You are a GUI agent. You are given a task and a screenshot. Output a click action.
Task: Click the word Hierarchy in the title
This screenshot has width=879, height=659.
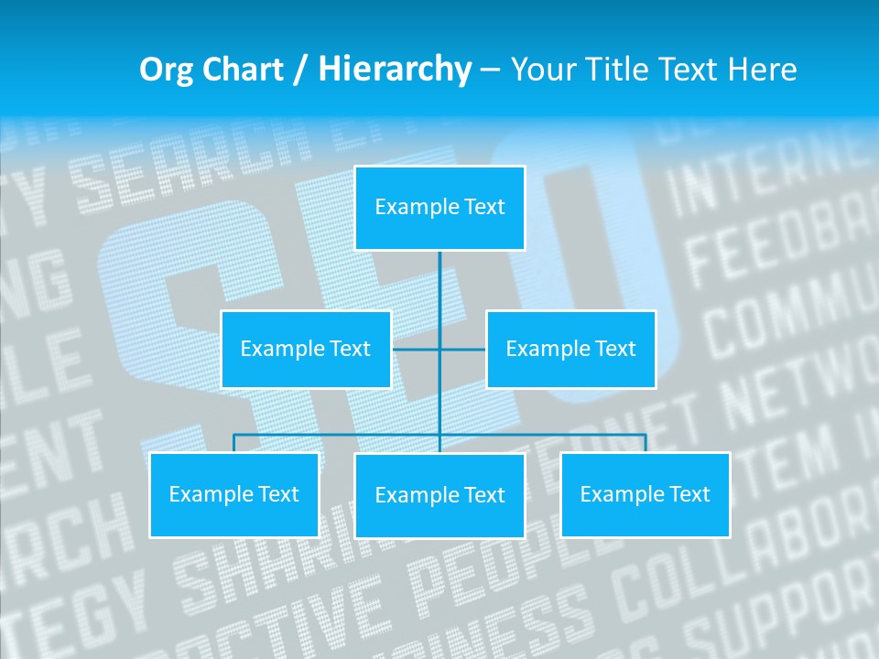(395, 70)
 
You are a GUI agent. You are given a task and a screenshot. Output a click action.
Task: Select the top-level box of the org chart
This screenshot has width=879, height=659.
(439, 208)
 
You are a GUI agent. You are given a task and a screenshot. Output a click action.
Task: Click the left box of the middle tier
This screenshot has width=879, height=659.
(306, 349)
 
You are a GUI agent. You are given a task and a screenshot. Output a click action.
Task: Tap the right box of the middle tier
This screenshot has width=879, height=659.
(570, 349)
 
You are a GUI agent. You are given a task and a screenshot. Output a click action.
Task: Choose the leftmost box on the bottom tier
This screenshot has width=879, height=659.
(234, 494)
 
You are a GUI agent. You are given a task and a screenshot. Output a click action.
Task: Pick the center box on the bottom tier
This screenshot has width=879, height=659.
(439, 495)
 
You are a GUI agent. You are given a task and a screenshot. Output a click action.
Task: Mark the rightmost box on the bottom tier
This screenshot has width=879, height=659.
(645, 494)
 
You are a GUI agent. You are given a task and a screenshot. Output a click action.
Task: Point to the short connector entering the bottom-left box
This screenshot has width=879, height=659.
(234, 443)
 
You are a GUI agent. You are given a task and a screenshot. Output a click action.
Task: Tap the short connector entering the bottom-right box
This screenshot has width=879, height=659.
(646, 443)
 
